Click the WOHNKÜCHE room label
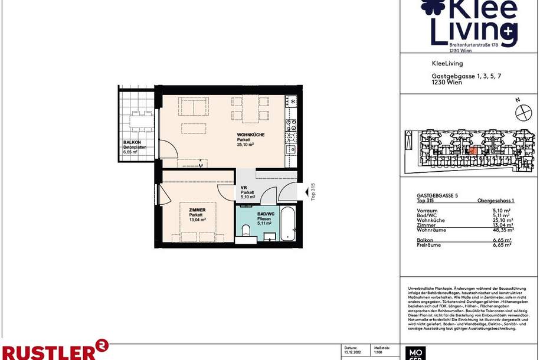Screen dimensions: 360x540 (x=250, y=135)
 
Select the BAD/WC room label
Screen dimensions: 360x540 (x=266, y=214)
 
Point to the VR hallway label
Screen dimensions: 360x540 (x=244, y=188)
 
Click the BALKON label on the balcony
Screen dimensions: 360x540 (x=130, y=143)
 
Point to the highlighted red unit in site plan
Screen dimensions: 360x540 (x=472, y=150)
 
